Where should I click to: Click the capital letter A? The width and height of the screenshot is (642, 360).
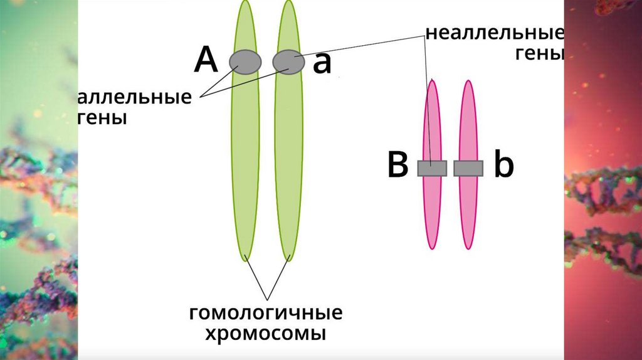click(x=206, y=61)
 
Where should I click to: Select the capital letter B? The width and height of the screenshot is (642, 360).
click(x=398, y=167)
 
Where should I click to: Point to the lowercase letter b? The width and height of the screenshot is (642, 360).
click(x=503, y=166)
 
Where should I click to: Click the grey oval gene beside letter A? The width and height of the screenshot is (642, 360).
click(x=245, y=62)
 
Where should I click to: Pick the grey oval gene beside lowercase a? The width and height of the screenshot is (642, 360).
click(x=288, y=62)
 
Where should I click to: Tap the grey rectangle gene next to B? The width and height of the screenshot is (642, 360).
click(x=432, y=168)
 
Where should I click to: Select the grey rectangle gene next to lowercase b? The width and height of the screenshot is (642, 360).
click(x=468, y=168)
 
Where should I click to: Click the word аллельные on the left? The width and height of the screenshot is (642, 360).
click(x=135, y=98)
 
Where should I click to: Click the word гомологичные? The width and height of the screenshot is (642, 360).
click(x=266, y=312)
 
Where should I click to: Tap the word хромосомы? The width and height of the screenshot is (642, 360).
click(x=266, y=333)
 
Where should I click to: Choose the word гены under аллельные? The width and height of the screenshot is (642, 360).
click(x=103, y=117)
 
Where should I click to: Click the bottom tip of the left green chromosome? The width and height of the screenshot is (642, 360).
click(x=246, y=259)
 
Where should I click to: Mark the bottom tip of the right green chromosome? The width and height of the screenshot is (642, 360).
click(x=289, y=259)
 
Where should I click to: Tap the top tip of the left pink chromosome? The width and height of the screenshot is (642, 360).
click(x=432, y=81)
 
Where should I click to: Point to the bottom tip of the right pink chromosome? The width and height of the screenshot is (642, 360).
click(x=468, y=248)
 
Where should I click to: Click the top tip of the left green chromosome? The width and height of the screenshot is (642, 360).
click(x=245, y=2)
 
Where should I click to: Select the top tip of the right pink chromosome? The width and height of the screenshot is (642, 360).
click(x=468, y=81)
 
